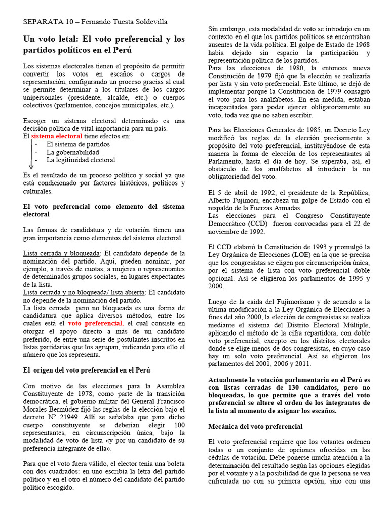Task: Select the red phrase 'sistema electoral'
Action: pyautogui.click(x=56, y=137)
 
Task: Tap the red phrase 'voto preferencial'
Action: pyautogui.click(x=95, y=323)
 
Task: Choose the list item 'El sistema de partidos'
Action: pyautogui.click(x=78, y=144)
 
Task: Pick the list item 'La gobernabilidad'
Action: pyautogui.click(x=72, y=152)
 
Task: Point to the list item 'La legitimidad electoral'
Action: pyautogui.click(x=81, y=160)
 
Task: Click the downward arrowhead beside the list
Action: pyautogui.click(x=31, y=167)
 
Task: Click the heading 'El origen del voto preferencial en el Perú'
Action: pyautogui.click(x=87, y=370)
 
